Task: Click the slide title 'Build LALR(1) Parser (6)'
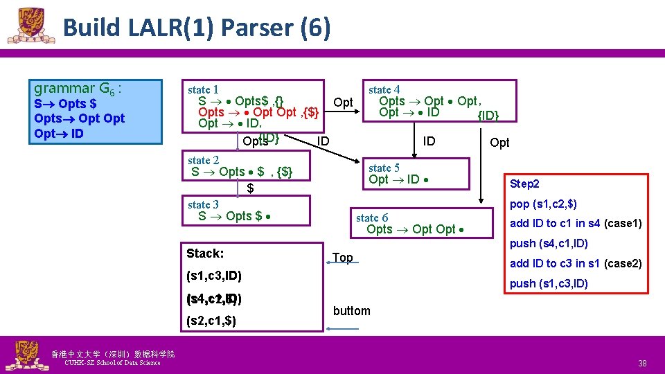(196, 28)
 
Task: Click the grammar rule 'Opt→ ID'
(59, 133)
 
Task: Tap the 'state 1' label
(203, 89)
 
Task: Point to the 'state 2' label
(203, 160)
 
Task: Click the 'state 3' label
(203, 204)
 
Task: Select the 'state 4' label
(384, 89)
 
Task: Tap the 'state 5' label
(384, 168)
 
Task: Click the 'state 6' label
(372, 217)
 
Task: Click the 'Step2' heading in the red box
(524, 184)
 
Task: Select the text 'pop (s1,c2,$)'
(543, 204)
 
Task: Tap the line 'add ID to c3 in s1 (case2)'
(576, 263)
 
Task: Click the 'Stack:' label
(205, 253)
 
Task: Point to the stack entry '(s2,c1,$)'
(211, 321)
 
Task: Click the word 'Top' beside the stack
(342, 258)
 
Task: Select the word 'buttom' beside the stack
(351, 310)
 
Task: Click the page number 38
(643, 363)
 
